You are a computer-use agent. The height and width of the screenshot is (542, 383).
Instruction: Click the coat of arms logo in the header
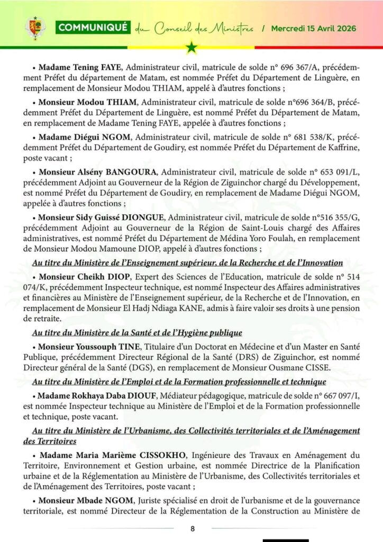[35, 28]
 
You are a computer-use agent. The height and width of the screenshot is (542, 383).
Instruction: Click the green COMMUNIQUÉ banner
[92, 28]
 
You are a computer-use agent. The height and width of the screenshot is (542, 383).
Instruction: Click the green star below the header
[191, 49]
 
